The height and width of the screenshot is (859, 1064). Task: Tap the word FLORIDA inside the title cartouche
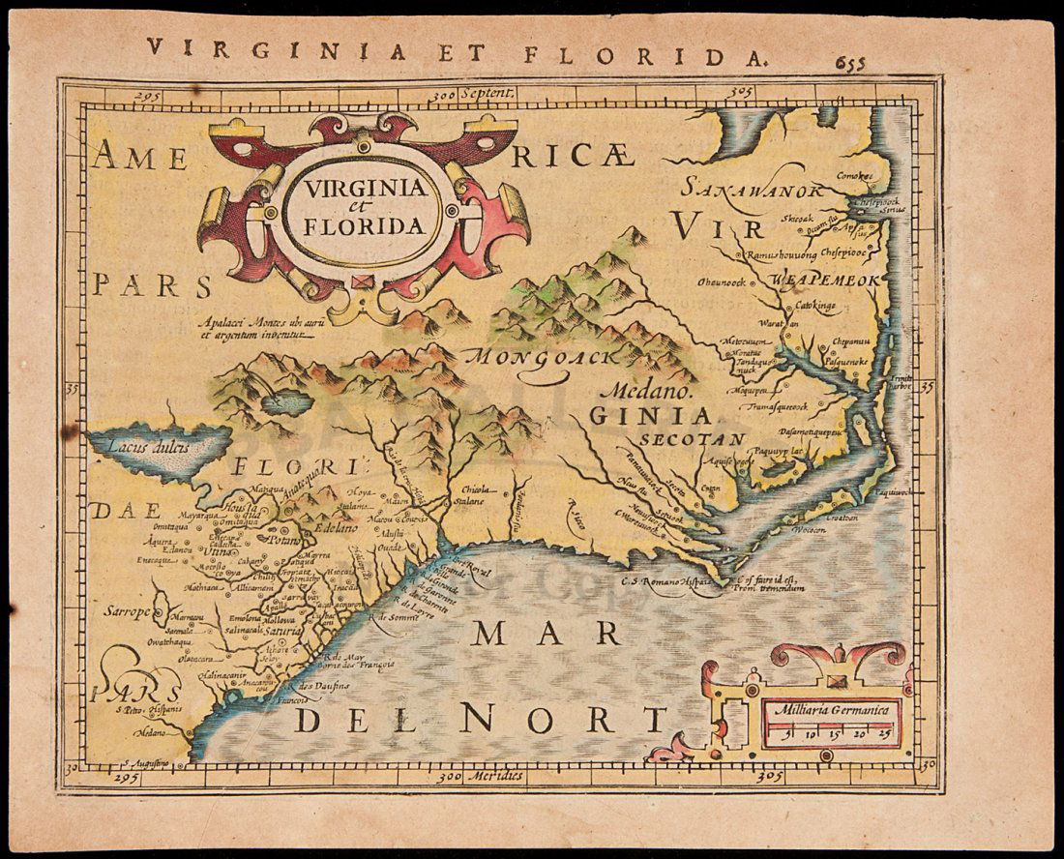click(x=363, y=227)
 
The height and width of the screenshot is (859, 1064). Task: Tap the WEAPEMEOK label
click(x=824, y=280)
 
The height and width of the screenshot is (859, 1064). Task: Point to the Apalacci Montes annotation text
click(x=253, y=330)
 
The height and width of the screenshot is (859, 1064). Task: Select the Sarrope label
click(x=127, y=611)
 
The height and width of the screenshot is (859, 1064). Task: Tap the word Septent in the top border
click(x=491, y=95)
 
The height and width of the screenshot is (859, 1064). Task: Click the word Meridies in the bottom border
click(x=494, y=776)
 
